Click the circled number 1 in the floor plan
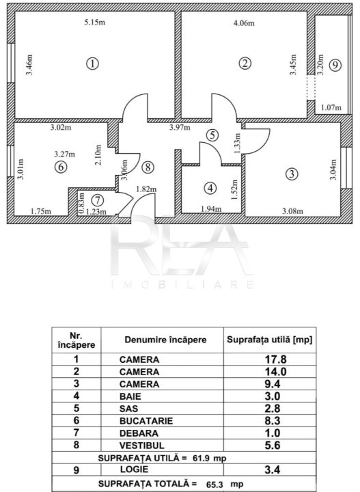click(x=92, y=64)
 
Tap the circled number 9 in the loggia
click(x=335, y=66)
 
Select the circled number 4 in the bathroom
click(x=210, y=188)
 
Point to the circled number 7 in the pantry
click(x=98, y=200)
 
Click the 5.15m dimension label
click(x=95, y=23)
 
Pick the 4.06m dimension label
click(x=244, y=23)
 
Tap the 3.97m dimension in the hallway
click(x=180, y=127)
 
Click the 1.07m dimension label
click(x=331, y=108)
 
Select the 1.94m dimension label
click(x=210, y=208)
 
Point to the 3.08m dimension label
click(x=292, y=211)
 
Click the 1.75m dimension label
click(x=41, y=211)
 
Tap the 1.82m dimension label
click(x=146, y=189)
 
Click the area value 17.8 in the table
click(x=276, y=359)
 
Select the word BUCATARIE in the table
click(x=146, y=421)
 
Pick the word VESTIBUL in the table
click(x=141, y=446)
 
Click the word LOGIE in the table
click(x=134, y=469)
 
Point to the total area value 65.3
click(x=214, y=484)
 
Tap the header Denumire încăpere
click(x=165, y=340)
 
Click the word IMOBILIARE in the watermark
click(x=182, y=284)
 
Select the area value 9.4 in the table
click(x=273, y=384)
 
